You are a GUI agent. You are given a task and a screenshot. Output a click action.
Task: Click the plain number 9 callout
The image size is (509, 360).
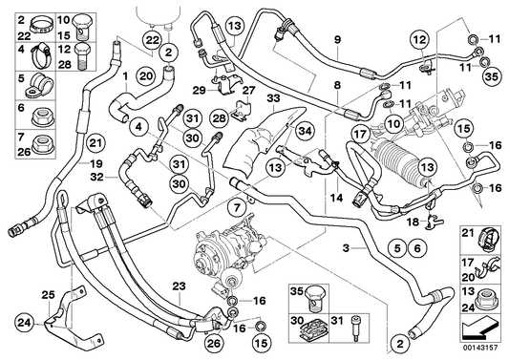coord(336,38)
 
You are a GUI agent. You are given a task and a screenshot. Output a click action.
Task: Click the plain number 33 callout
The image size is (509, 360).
coord(272,96)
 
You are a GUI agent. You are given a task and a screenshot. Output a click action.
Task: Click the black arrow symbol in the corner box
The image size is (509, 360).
coord(481,331)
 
